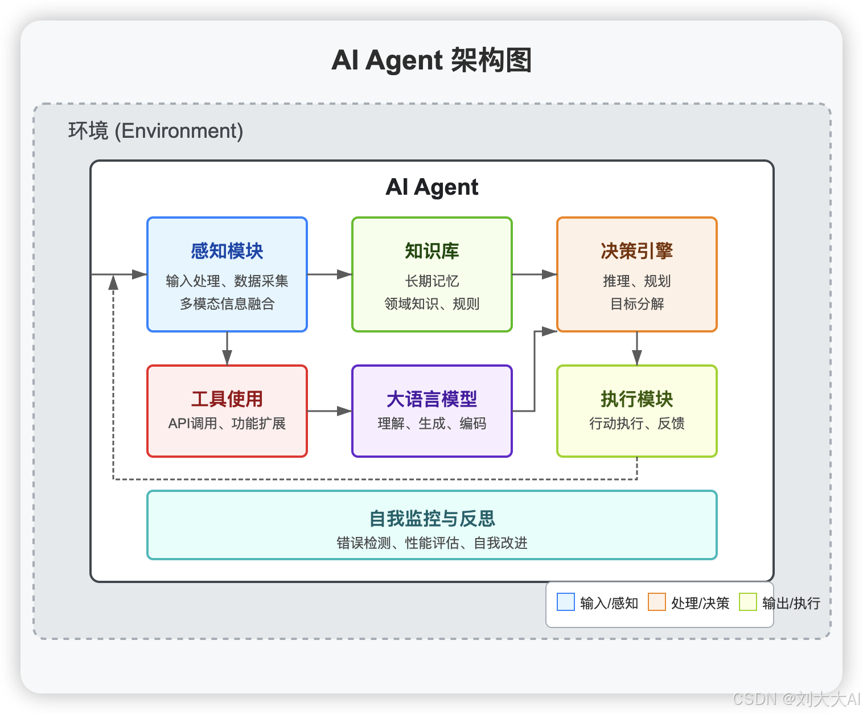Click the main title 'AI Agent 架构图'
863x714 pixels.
pyautogui.click(x=431, y=60)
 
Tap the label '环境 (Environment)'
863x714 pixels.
pyautogui.click(x=155, y=131)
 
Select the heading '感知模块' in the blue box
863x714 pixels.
pyautogui.click(x=227, y=251)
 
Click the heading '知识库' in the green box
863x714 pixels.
pyautogui.click(x=432, y=251)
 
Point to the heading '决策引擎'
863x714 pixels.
pyautogui.click(x=637, y=251)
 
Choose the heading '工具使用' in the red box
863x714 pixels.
pyautogui.click(x=227, y=399)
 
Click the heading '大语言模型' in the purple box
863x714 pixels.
pyautogui.click(x=432, y=399)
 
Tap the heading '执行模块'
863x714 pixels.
pyautogui.click(x=637, y=399)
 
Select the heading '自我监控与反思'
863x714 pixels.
pyautogui.click(x=432, y=519)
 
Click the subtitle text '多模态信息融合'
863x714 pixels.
pyautogui.click(x=227, y=304)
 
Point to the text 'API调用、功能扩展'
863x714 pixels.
pyautogui.click(x=227, y=424)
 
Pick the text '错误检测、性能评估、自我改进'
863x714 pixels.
pyautogui.click(x=432, y=543)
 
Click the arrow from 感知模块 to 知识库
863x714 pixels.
pyautogui.click(x=330, y=274)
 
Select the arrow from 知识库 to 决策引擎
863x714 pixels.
pyautogui.click(x=535, y=274)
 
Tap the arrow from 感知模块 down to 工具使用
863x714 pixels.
pyautogui.click(x=227, y=348)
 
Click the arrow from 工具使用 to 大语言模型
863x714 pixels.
pyautogui.click(x=330, y=411)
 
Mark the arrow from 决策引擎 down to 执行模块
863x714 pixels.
pyautogui.click(x=637, y=348)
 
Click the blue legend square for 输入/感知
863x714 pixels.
pyautogui.click(x=566, y=602)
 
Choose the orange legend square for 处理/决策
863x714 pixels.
pyautogui.click(x=657, y=602)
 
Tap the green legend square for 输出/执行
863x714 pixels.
pyautogui.click(x=748, y=602)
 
